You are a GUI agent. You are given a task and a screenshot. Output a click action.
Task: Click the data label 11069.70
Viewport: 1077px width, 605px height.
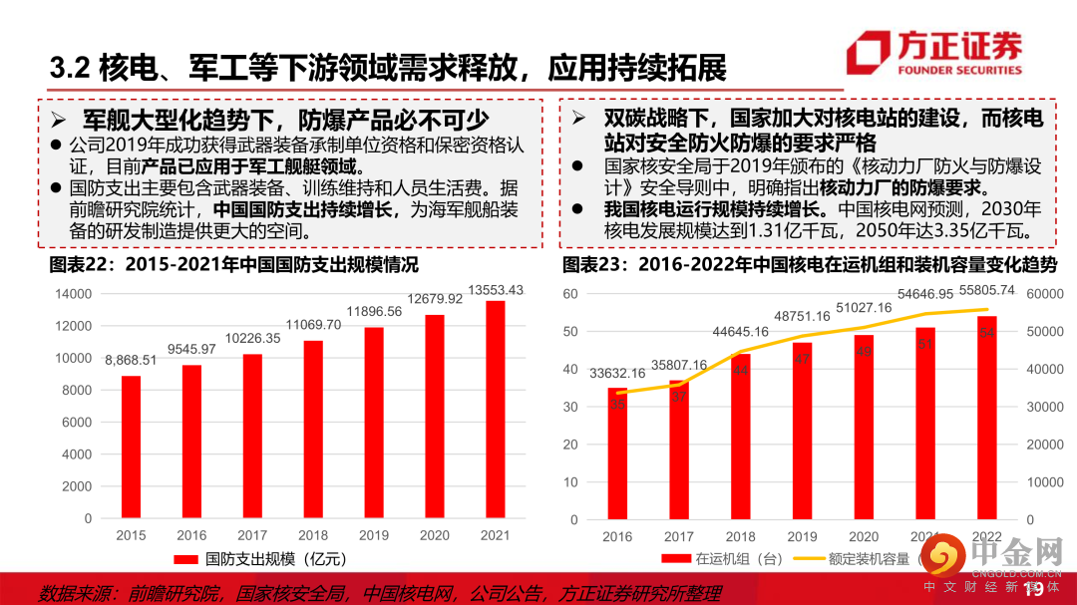tap(313, 325)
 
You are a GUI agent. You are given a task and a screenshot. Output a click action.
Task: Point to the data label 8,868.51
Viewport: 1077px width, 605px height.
tap(131, 360)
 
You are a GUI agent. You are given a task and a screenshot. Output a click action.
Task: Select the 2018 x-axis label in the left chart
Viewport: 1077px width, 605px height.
tap(313, 535)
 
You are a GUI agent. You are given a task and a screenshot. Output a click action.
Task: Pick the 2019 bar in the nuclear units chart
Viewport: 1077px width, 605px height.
tap(802, 431)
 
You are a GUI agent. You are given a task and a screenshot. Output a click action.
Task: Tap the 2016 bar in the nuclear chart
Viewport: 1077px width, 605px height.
tap(617, 453)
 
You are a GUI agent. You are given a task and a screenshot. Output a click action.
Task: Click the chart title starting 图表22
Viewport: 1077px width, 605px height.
tap(234, 264)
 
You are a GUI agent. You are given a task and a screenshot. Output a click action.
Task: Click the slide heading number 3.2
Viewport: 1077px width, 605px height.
tap(71, 69)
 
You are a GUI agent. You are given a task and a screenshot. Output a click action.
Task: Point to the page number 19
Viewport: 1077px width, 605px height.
tap(1033, 592)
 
